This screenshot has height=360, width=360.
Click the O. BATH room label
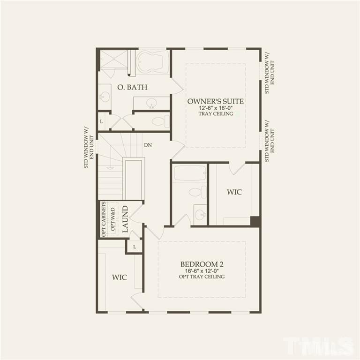[132, 87]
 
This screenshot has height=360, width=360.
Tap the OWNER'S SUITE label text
[216, 101]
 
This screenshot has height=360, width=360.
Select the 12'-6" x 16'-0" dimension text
[216, 108]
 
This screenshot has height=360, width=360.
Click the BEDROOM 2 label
[202, 263]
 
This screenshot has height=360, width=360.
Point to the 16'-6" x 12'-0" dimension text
[202, 270]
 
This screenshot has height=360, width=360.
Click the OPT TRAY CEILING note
[202, 277]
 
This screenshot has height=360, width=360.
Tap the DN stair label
[148, 145]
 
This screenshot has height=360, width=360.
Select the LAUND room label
[125, 219]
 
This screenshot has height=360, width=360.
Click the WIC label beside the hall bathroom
[234, 192]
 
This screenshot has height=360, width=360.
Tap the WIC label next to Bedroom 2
[120, 277]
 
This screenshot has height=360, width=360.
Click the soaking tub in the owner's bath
[153, 62]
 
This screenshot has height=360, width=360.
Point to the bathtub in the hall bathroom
[190, 173]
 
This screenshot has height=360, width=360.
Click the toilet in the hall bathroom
[196, 192]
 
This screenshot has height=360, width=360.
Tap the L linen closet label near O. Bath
[101, 121]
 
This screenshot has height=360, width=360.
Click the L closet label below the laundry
[135, 247]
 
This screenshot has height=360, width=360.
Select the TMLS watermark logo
[319, 346]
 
